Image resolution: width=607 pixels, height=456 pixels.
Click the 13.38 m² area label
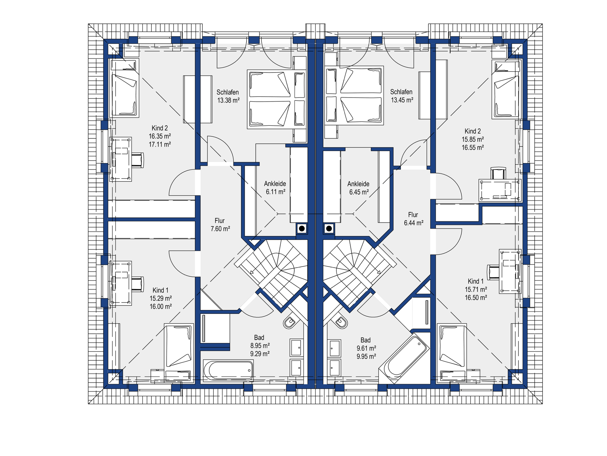pyautogui.click(x=228, y=100)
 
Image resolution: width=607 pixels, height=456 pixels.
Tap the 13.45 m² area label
pyautogui.click(x=402, y=100)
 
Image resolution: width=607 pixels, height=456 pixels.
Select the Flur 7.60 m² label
pyautogui.click(x=220, y=225)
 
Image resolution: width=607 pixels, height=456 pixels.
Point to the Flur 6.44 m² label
pyautogui.click(x=414, y=219)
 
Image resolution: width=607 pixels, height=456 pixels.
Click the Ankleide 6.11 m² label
pyautogui.click(x=275, y=188)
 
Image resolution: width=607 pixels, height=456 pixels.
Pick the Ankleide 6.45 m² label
pyautogui.click(x=359, y=188)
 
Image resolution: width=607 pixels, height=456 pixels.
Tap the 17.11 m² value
pyautogui.click(x=160, y=144)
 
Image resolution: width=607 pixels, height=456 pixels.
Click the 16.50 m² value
pyautogui.click(x=476, y=298)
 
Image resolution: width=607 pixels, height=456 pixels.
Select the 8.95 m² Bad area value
pyautogui.click(x=260, y=346)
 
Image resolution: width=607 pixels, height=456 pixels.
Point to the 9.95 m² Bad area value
pyautogui.click(x=366, y=357)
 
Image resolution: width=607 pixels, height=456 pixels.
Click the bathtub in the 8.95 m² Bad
pyautogui.click(x=228, y=370)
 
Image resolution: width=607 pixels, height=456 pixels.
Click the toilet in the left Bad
pyautogui.click(x=290, y=322)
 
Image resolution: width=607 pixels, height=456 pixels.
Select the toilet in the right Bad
pyautogui.click(x=341, y=322)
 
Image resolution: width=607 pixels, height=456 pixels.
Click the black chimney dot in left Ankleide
pyautogui.click(x=302, y=228)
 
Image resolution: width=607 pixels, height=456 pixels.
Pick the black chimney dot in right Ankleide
pyautogui.click(x=329, y=228)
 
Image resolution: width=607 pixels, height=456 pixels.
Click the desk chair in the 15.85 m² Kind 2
pyautogui.click(x=498, y=174)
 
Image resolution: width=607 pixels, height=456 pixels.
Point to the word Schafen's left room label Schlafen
pyautogui.click(x=228, y=92)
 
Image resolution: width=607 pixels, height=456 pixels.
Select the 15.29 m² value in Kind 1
pyautogui.click(x=161, y=298)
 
